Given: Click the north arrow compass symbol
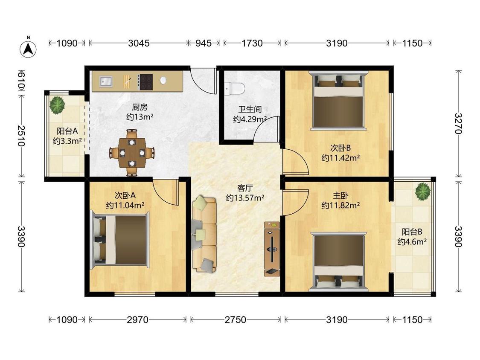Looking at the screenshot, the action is coord(28,48).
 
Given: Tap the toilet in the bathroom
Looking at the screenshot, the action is coord(235,88).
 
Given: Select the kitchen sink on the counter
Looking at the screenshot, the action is coord(106,81).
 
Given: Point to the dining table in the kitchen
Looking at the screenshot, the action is coord(132,152).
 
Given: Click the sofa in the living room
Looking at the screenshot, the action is coord(204,234).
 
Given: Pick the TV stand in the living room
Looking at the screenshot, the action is coord(272,249).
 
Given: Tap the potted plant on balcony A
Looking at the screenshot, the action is coord(57,105).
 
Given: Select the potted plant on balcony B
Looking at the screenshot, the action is coord(423,192).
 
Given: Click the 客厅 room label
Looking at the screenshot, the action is coord(245,188).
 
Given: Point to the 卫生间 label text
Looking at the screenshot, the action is coord(250,109).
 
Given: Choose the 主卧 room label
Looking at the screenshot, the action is coord(340,195).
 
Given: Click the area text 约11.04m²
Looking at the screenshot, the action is coord(125,205).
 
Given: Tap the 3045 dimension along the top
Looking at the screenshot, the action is coord(139,43).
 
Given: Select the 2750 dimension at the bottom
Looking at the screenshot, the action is coord(235,320).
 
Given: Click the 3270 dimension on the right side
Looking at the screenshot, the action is coord(458,123).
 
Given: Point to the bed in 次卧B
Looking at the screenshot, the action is coord(338,101).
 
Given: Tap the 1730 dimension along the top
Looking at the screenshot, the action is coord(252,43).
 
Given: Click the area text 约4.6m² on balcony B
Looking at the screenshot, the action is coord(412,242).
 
